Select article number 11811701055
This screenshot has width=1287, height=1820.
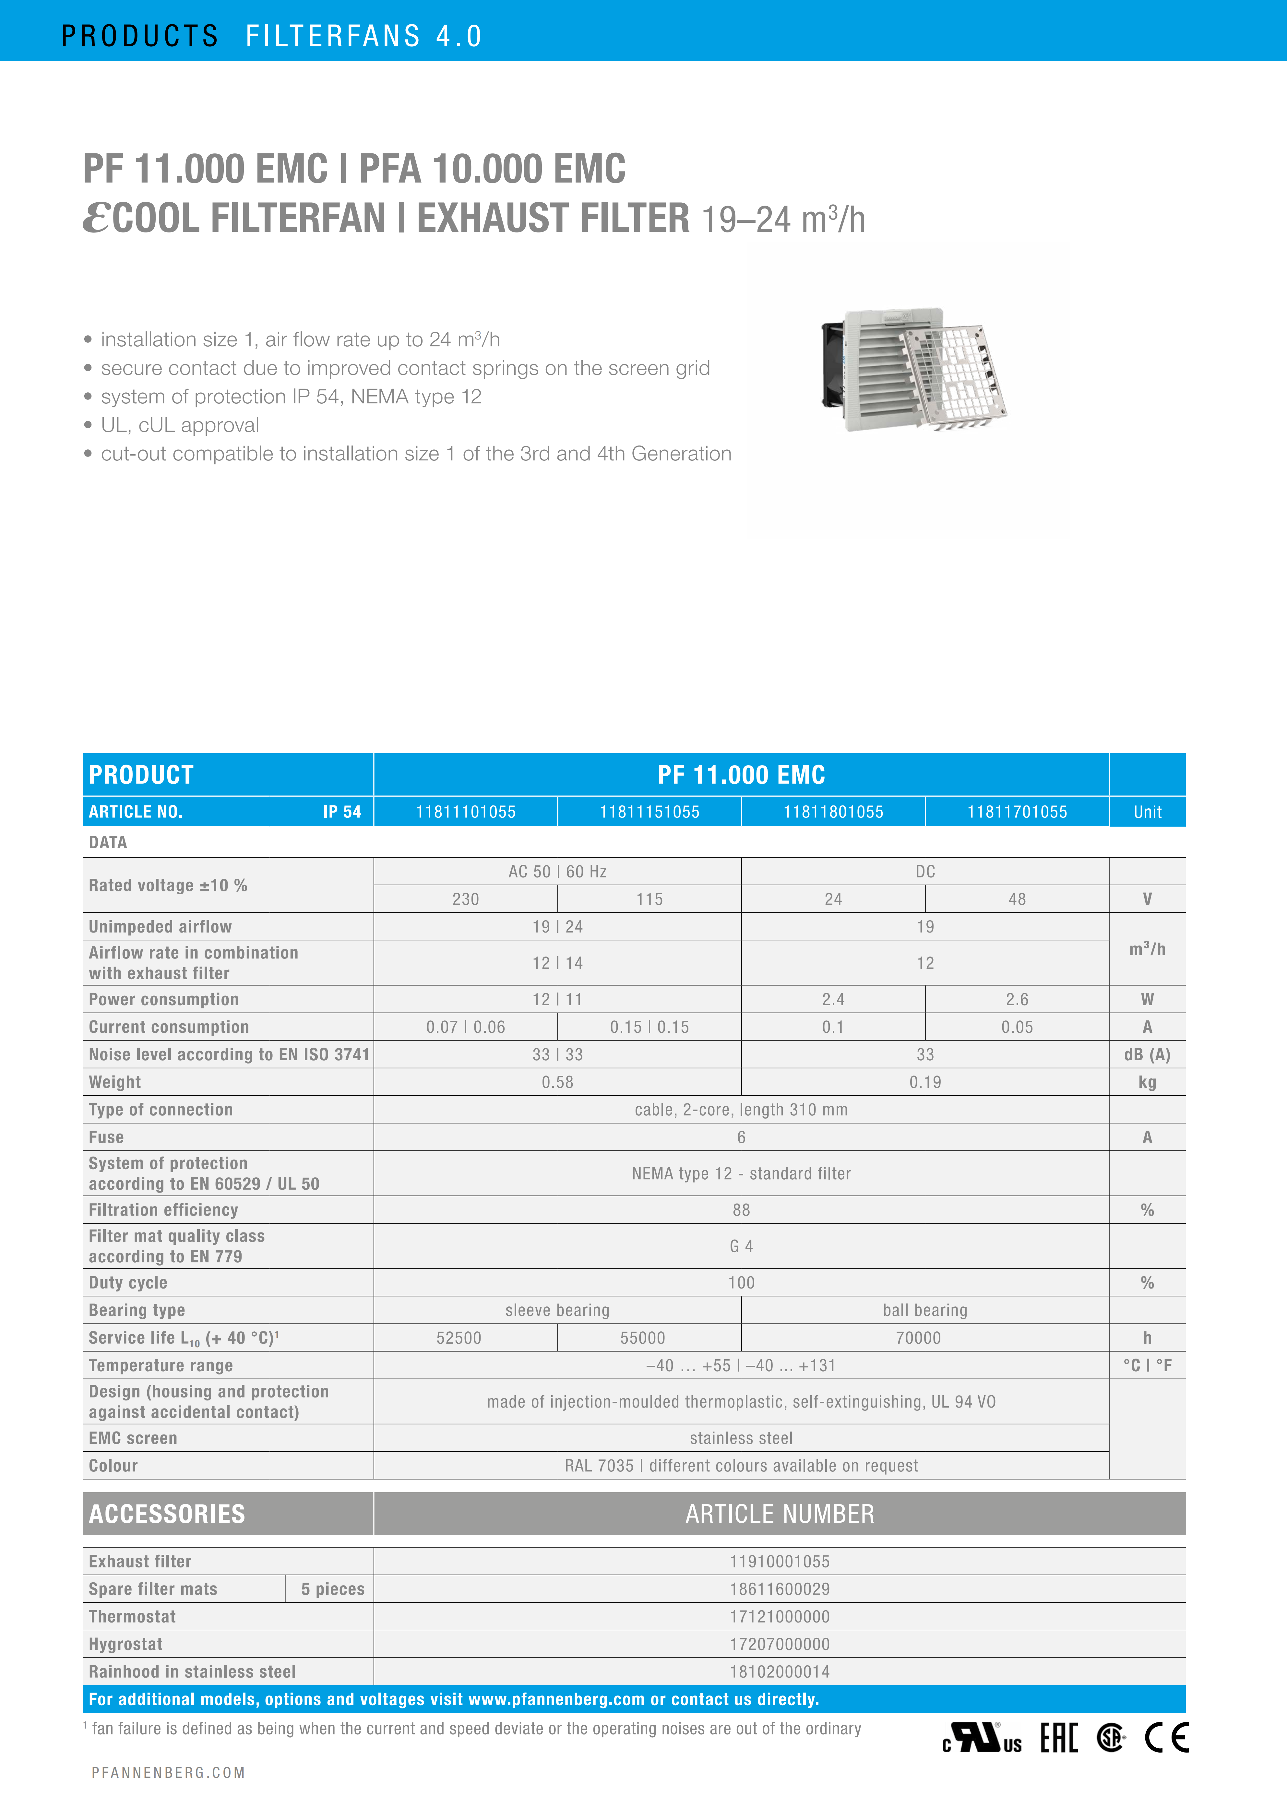pyautogui.click(x=1017, y=812)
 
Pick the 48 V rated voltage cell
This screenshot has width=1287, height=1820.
pyautogui.click(x=1017, y=899)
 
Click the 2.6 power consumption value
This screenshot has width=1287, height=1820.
pyautogui.click(x=1017, y=1000)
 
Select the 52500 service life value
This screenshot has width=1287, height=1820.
pyautogui.click(x=459, y=1338)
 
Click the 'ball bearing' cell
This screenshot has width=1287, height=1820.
pyautogui.click(x=925, y=1310)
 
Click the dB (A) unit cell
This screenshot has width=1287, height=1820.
pyautogui.click(x=1147, y=1055)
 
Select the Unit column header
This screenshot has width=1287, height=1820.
pyautogui.click(x=1147, y=812)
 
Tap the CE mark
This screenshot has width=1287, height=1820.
pyautogui.click(x=1167, y=1738)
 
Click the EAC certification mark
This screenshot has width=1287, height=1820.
pyautogui.click(x=1059, y=1738)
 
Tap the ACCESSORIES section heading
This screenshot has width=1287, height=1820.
pyautogui.click(x=167, y=1514)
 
